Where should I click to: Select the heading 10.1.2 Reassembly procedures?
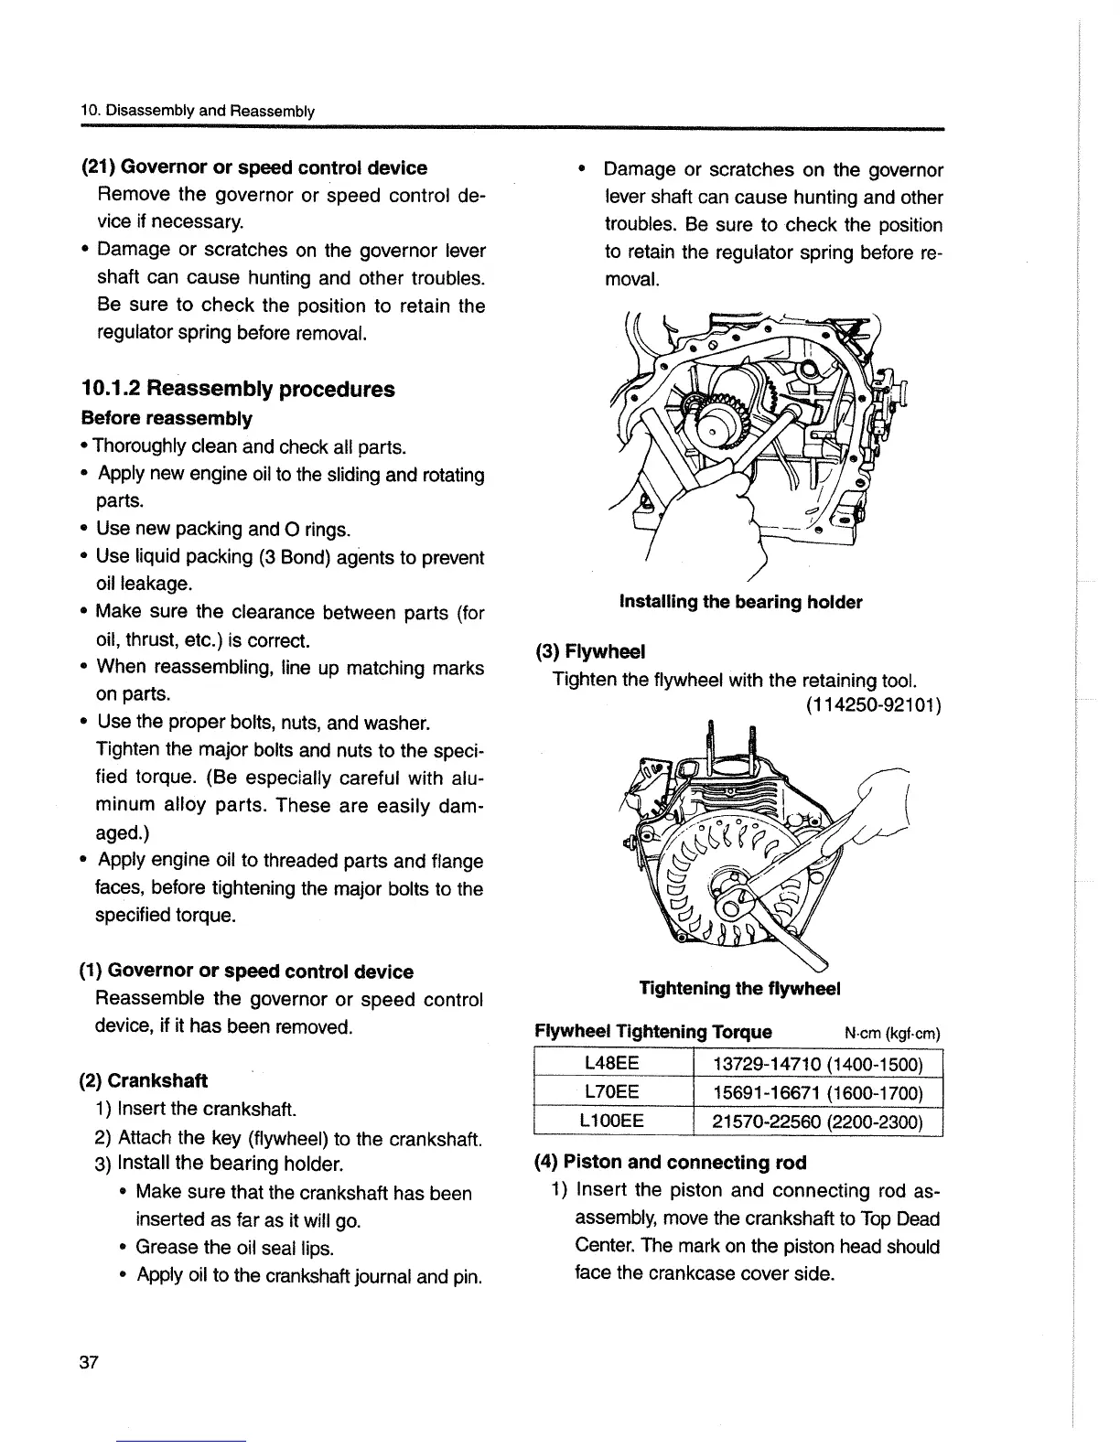tap(238, 389)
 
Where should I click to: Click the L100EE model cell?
tap(610, 1121)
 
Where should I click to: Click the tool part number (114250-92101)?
tap(873, 705)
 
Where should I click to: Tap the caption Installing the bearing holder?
tap(740, 602)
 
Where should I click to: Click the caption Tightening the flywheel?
tap(739, 989)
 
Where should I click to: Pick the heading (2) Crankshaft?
tap(145, 1080)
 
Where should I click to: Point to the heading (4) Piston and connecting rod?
tap(671, 1163)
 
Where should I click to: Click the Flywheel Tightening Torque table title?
tap(652, 1033)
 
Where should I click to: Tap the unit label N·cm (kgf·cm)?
tap(892, 1034)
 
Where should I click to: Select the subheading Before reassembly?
tap(167, 419)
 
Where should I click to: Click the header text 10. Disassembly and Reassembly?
tap(198, 112)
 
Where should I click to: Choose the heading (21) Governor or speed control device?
tap(254, 168)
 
